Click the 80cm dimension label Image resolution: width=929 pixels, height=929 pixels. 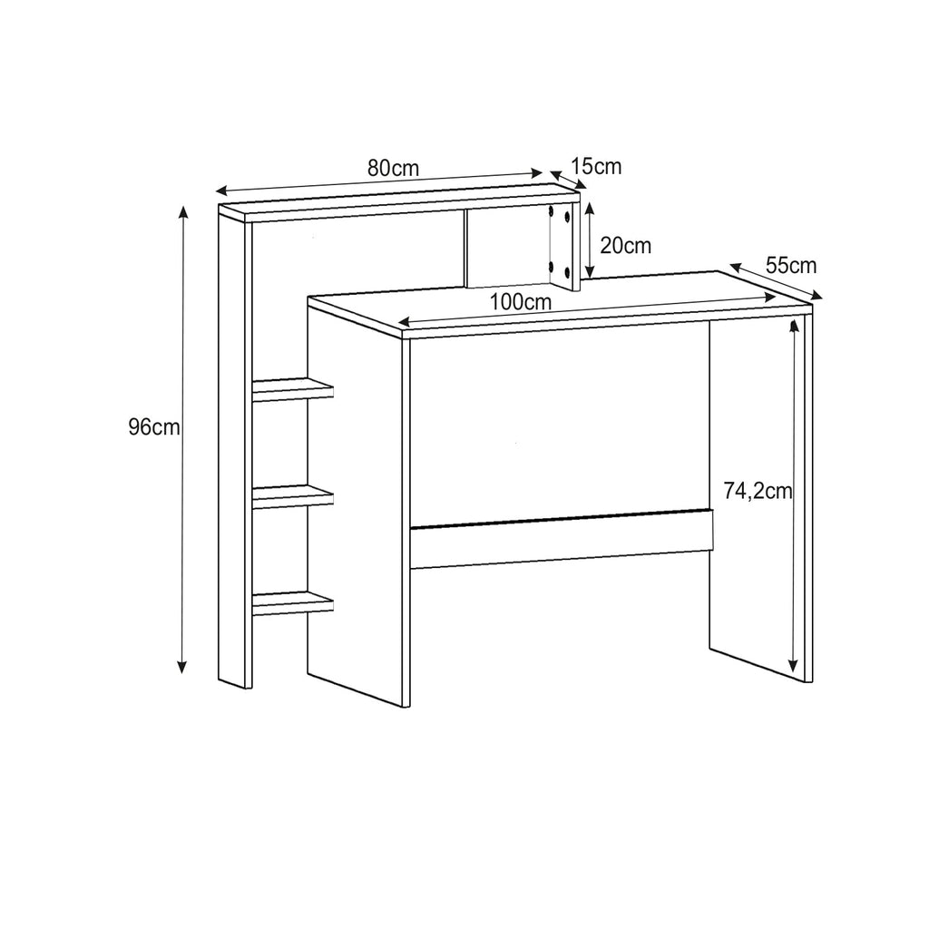tap(393, 168)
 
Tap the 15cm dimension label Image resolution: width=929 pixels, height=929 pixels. tap(597, 167)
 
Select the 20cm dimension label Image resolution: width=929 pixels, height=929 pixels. tap(626, 245)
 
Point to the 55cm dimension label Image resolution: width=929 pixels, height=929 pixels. tap(791, 265)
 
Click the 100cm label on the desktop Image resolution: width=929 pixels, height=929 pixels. tap(520, 302)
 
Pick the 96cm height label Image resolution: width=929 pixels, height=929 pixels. tap(154, 426)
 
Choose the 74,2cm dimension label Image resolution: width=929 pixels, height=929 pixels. tap(758, 491)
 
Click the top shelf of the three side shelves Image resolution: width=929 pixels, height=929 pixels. tap(293, 390)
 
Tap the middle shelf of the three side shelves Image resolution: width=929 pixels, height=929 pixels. tap(293, 497)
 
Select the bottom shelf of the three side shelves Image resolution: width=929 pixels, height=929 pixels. tap(293, 603)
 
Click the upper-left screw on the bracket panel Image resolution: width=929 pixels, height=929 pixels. tap(552, 211)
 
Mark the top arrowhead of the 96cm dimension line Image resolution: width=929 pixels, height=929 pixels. tap(183, 212)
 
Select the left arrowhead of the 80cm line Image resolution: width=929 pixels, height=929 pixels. tap(221, 191)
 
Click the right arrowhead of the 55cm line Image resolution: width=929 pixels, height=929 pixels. tap(816, 296)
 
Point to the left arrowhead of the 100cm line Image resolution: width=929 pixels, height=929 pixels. tap(405, 322)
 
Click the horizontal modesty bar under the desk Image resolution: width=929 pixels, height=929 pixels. tap(561, 538)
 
